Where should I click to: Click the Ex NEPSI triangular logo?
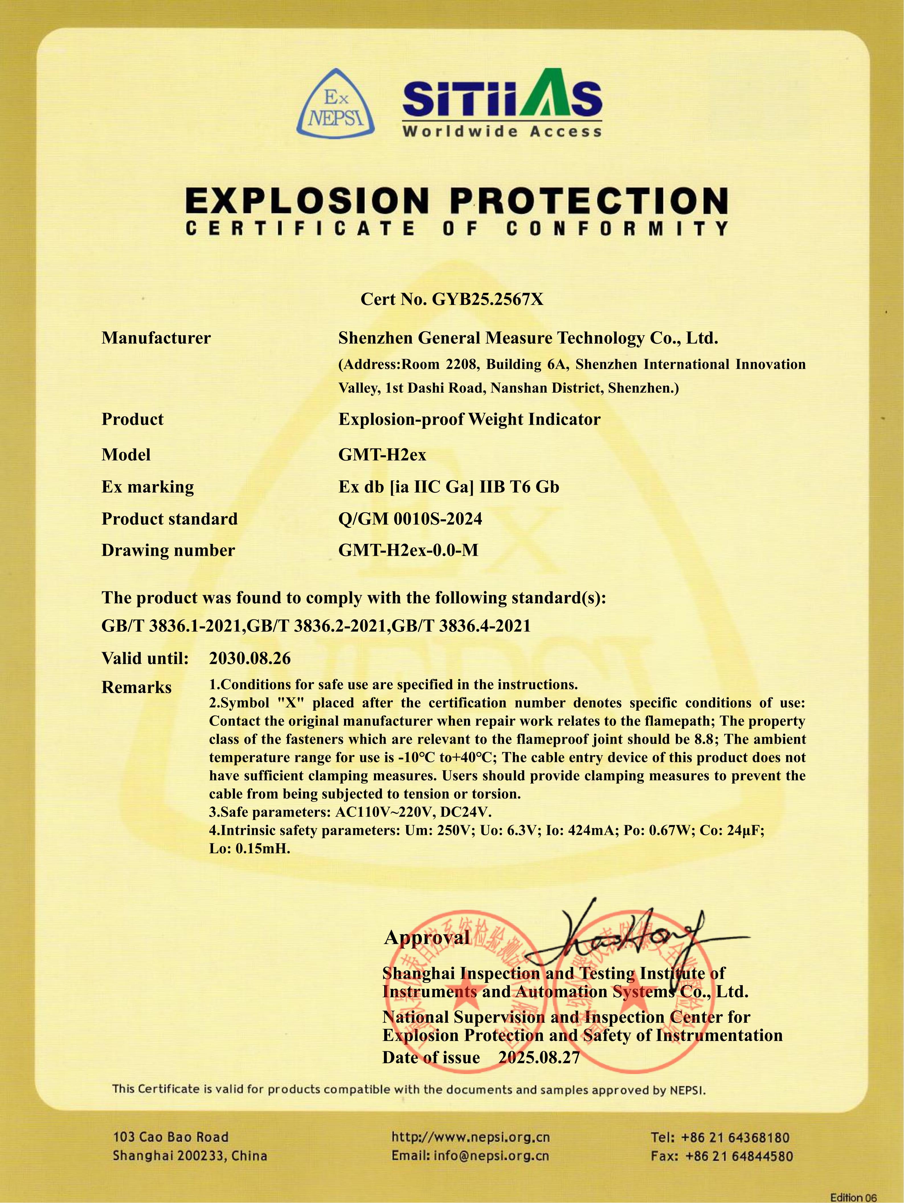coord(336,104)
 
